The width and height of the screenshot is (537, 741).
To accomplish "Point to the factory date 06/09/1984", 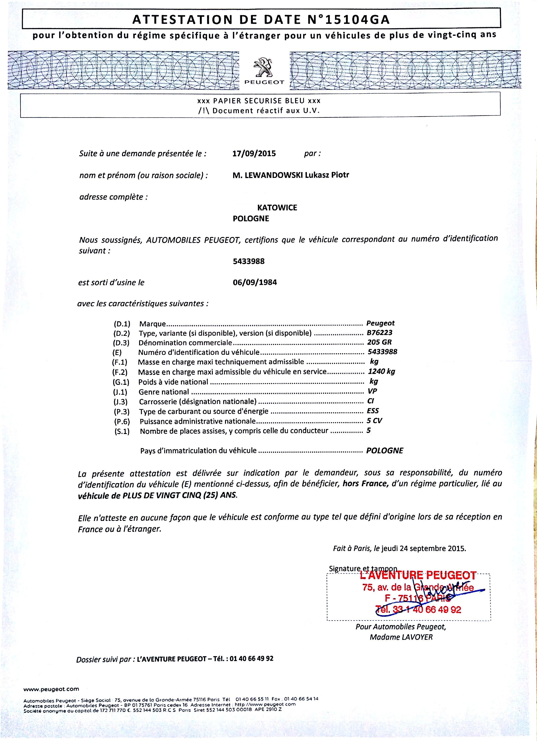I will (255, 282).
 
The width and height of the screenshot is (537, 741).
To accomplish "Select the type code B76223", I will (379, 333).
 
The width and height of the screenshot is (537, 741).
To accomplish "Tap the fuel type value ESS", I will (373, 411).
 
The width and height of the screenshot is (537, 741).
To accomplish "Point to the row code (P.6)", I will (122, 422).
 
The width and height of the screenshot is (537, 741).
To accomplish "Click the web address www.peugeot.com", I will (51, 689).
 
